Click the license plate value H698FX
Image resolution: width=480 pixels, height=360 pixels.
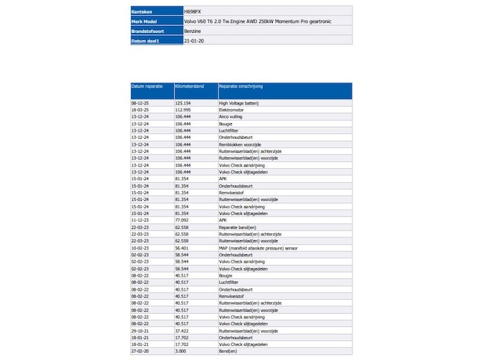pos(193,12)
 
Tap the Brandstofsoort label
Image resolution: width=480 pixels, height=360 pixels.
pos(147,32)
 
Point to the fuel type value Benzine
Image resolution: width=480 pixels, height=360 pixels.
pos(193,32)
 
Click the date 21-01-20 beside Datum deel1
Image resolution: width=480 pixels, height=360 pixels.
pos(194,41)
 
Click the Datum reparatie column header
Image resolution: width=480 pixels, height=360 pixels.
pos(147,86)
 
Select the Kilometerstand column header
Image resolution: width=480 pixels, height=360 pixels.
pos(190,86)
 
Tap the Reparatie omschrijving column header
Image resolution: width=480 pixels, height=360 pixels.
pos(242,86)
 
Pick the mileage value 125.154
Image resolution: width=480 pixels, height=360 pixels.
pos(183,102)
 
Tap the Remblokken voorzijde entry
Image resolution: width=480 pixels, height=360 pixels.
pos(240,144)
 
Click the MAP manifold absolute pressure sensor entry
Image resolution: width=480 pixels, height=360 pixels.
pos(257,248)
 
